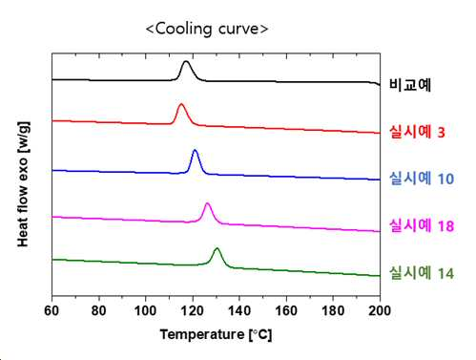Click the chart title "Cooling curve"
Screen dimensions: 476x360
207,29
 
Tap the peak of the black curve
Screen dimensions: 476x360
186,61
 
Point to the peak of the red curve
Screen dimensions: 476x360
181,104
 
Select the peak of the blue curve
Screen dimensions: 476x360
195,150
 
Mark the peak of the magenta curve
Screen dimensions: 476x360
208,203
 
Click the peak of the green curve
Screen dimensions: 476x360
217,248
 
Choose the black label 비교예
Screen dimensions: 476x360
410,84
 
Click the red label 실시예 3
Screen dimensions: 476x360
417,132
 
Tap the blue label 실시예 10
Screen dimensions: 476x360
422,179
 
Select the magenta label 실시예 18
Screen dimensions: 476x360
422,225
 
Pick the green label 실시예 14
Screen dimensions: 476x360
422,273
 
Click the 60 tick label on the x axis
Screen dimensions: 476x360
52,310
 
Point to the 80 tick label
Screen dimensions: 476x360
98,310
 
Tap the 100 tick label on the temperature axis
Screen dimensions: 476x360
145,310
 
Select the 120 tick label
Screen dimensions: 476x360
193,310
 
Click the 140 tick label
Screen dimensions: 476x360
239,310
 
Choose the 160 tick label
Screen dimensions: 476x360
286,310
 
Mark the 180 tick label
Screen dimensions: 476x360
333,310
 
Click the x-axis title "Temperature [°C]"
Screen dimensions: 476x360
216,335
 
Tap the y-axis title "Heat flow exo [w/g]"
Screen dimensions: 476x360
24,184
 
